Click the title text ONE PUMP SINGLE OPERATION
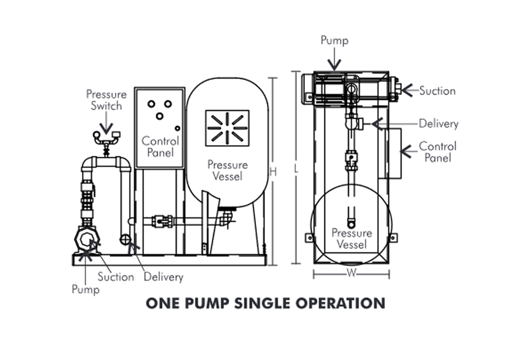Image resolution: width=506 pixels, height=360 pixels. click(266, 303)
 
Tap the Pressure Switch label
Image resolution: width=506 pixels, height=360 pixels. click(106, 100)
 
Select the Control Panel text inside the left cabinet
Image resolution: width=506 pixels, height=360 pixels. click(160, 147)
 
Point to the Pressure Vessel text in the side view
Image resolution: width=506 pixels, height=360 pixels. click(228, 171)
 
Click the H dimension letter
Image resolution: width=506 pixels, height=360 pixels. click(273, 172)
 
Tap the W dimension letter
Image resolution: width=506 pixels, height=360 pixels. click(351, 274)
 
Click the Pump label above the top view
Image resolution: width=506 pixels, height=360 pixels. click(334, 40)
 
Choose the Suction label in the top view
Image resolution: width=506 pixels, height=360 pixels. click(437, 91)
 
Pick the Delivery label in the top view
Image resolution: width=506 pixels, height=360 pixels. click(438, 124)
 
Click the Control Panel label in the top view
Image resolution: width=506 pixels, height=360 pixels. click(438, 152)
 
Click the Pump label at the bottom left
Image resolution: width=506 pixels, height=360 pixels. click(86, 290)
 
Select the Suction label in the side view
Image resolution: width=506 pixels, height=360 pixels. click(116, 277)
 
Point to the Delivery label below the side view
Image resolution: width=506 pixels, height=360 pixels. click(163, 277)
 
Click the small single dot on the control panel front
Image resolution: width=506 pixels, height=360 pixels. click(178, 127)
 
